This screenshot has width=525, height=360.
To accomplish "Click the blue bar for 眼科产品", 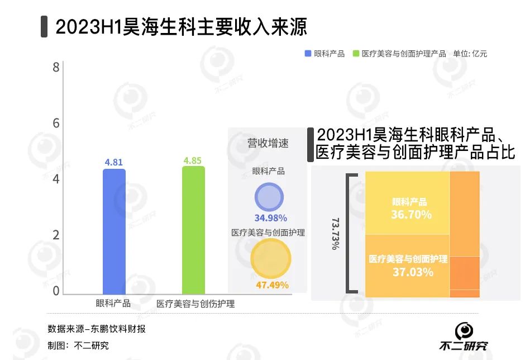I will pos(114,231).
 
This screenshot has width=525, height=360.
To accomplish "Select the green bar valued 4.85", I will pos(193,230).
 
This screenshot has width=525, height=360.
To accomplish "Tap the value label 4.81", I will pos(113,162).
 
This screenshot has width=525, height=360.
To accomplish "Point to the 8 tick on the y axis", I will pos(56,68).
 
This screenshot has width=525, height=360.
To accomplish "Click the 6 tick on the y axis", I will pos(56,124).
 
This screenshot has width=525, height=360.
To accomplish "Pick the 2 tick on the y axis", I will pos(56,235).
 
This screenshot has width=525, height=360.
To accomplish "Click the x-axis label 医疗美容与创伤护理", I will pos(195,304).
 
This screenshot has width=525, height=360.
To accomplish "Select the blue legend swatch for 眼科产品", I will pos(308,54).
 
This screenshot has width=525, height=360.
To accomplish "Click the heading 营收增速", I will pos(268,143).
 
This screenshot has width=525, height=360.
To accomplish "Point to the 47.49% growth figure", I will pos(272,285).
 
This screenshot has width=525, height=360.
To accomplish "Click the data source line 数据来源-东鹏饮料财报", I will pos(96,328).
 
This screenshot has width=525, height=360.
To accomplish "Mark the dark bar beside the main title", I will pos(44,27).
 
